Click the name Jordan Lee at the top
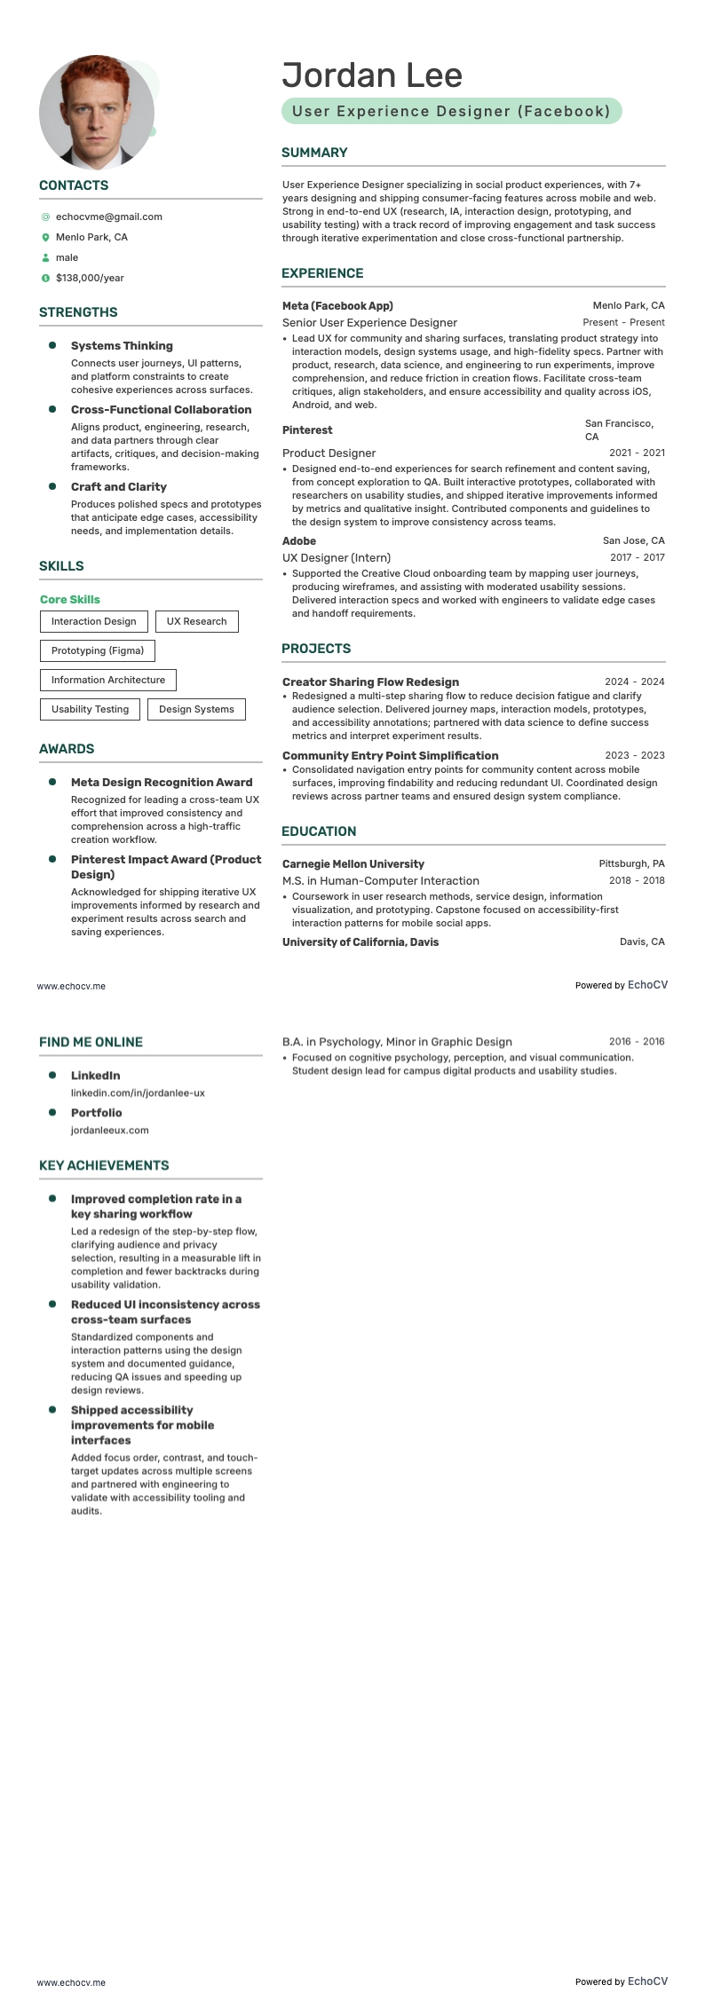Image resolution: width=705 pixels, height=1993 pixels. (372, 75)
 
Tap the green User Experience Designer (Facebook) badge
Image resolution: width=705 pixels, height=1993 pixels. (451, 111)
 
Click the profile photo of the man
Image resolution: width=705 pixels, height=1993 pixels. (96, 113)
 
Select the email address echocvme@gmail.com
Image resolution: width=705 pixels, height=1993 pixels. (108, 217)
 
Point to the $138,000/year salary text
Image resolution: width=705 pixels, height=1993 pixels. (90, 278)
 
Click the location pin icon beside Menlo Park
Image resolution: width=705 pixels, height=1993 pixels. (45, 238)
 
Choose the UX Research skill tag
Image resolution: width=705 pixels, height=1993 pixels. (196, 621)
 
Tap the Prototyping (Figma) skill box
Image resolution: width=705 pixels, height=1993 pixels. (97, 650)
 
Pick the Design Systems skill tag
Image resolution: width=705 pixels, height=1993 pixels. (196, 709)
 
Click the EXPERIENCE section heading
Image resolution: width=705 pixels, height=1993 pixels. (322, 273)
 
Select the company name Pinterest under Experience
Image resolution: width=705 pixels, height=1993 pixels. (307, 430)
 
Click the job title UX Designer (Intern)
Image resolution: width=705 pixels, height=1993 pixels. (336, 557)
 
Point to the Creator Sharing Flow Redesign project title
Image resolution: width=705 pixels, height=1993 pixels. (370, 681)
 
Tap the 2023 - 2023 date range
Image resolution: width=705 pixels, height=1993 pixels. (634, 755)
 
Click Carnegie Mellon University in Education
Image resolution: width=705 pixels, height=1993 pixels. (352, 863)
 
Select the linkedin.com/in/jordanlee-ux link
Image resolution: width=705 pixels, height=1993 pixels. (138, 1093)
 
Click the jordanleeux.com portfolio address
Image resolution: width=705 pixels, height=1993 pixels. (109, 1130)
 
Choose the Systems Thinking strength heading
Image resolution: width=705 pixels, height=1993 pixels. (122, 346)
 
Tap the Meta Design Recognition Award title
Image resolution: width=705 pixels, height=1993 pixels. (162, 783)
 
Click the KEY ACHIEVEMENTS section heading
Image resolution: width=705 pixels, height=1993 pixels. (104, 1165)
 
